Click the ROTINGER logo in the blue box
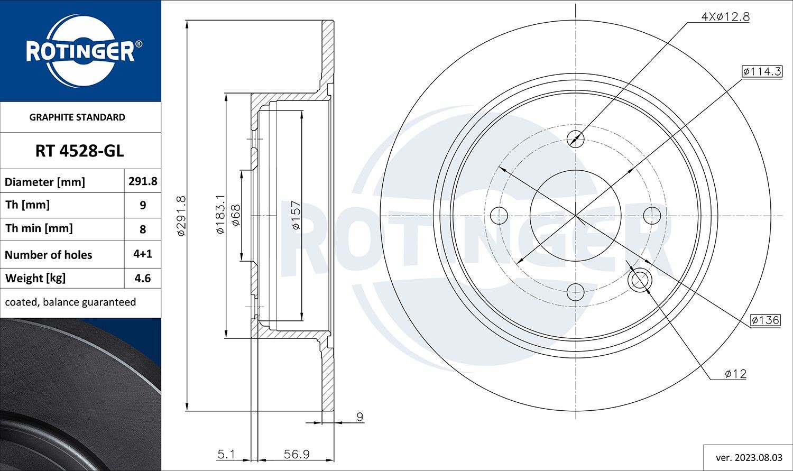coord(80,51)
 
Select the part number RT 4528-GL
coord(80,151)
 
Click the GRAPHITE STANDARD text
coord(77,117)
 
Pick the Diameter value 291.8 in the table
coord(143,181)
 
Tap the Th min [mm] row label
coord(39,228)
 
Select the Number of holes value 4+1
coord(143,254)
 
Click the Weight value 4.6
coord(143,278)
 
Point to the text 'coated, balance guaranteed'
coord(70,302)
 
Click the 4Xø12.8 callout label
coord(725,16)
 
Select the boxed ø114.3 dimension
coord(761,71)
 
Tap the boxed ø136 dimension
coord(765,320)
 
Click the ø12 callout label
coord(735,374)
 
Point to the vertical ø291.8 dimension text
coord(181,215)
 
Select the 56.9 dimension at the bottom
coord(297,454)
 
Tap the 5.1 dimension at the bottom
coord(226,454)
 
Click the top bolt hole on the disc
coord(575,139)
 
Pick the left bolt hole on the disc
coord(499,215)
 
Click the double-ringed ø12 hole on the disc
coord(640,280)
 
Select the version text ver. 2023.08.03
coord(749,457)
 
